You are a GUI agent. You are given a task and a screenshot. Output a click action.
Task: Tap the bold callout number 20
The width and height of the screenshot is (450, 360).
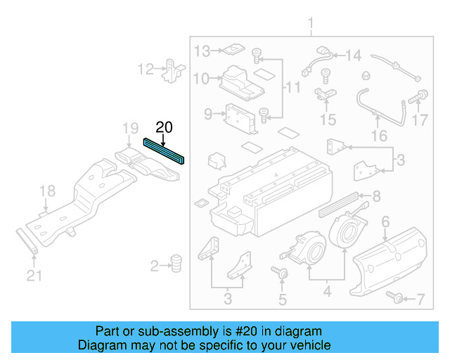point(163,128)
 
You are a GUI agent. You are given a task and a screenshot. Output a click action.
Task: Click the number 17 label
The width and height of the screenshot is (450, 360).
point(420,120)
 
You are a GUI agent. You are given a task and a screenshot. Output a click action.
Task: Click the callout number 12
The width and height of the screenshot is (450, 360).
point(146,70)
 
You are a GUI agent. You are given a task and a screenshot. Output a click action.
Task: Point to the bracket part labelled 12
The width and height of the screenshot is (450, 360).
point(172,70)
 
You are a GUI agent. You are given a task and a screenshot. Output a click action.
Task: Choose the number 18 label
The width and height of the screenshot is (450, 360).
point(46,191)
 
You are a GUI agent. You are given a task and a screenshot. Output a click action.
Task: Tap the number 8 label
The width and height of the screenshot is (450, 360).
point(376,196)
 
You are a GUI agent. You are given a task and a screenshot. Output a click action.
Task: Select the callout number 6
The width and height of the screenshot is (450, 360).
point(385,222)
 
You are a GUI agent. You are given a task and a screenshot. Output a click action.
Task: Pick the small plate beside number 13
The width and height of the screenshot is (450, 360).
point(231,50)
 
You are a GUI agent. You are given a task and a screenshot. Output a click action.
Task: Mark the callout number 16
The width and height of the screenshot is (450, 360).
point(379,135)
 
